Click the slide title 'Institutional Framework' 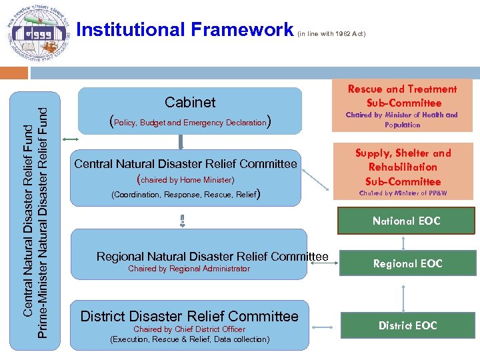[x=185, y=30]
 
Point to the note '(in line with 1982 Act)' [x=331, y=33]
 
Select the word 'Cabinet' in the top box [x=190, y=102]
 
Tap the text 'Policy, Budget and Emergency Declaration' [x=190, y=122]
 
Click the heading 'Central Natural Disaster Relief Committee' [x=185, y=164]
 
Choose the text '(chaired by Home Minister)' [x=185, y=180]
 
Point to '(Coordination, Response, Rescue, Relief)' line [x=185, y=195]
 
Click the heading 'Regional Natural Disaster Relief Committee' [x=212, y=257]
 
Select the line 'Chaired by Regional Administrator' [x=189, y=269]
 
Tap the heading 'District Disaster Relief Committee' [x=189, y=316]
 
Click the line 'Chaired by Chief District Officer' [x=189, y=329]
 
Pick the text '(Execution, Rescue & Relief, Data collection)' [x=189, y=339]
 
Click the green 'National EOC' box [x=407, y=221]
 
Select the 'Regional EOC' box [x=407, y=263]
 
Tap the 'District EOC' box [x=407, y=325]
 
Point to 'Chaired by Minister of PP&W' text [x=403, y=194]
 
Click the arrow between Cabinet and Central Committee [x=180, y=142]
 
